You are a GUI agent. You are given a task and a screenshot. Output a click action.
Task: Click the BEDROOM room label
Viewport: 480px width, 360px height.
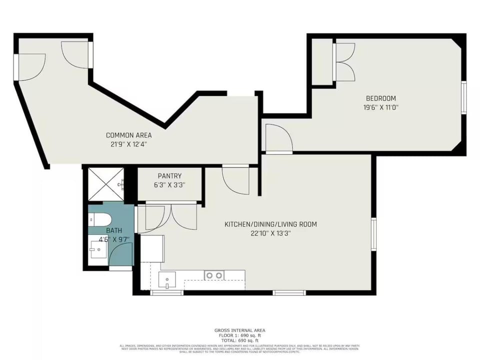(380, 98)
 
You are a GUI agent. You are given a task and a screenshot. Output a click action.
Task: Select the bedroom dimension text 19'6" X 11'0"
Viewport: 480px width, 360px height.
(380, 107)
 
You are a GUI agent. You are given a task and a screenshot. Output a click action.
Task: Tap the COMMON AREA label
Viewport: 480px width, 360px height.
(128, 135)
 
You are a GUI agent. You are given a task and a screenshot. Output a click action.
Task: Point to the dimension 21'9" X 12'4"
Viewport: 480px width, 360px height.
(128, 144)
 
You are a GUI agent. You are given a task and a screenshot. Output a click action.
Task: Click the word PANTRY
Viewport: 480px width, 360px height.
(169, 176)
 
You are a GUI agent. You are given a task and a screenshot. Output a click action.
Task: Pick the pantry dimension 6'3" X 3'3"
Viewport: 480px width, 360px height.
(169, 184)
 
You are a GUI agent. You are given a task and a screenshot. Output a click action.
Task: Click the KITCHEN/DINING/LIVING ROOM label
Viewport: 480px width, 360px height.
(270, 224)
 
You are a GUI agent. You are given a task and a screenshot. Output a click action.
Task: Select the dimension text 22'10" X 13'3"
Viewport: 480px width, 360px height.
(270, 233)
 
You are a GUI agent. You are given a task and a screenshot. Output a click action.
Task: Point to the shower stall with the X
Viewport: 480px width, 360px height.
(105, 184)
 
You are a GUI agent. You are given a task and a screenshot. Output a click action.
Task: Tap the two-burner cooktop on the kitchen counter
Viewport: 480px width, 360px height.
(214, 275)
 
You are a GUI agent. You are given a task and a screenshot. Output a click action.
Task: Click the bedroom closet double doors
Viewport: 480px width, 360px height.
(344, 62)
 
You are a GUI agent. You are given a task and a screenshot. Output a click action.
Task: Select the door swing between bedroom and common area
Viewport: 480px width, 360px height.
(278, 137)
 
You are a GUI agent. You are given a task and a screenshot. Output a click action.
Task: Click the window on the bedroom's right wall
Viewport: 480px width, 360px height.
(463, 97)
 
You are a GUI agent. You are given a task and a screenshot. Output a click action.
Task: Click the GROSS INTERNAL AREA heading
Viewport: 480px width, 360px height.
(239, 330)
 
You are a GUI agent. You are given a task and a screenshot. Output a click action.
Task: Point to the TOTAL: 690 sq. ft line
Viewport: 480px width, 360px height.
(239, 340)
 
